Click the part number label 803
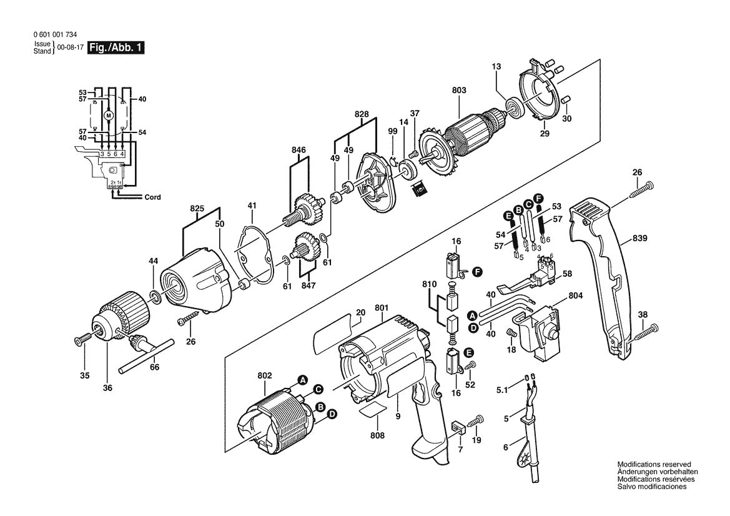click(458, 91)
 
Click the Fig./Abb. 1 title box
click(116, 47)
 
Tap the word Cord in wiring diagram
click(152, 197)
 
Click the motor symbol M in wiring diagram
click(108, 116)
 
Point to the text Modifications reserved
click(654, 465)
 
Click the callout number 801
click(382, 307)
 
